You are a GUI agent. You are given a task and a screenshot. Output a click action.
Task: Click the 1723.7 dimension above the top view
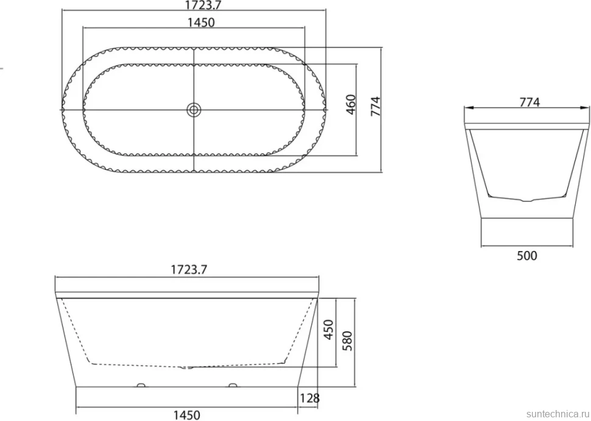[202, 4]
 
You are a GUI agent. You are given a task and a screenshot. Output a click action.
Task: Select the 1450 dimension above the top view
[201, 23]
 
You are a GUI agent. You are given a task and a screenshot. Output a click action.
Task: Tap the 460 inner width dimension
[350, 105]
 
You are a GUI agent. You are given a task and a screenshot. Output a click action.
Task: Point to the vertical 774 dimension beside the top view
[376, 106]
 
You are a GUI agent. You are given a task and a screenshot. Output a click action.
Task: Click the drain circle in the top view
[194, 110]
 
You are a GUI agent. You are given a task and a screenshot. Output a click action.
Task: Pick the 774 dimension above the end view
[530, 102]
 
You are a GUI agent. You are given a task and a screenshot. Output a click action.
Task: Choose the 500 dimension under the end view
[526, 255]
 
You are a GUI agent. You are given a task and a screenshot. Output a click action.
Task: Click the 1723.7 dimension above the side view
[189, 269]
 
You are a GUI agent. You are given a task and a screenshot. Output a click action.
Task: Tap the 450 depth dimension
[329, 330]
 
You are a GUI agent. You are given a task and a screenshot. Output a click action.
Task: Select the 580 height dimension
[347, 341]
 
